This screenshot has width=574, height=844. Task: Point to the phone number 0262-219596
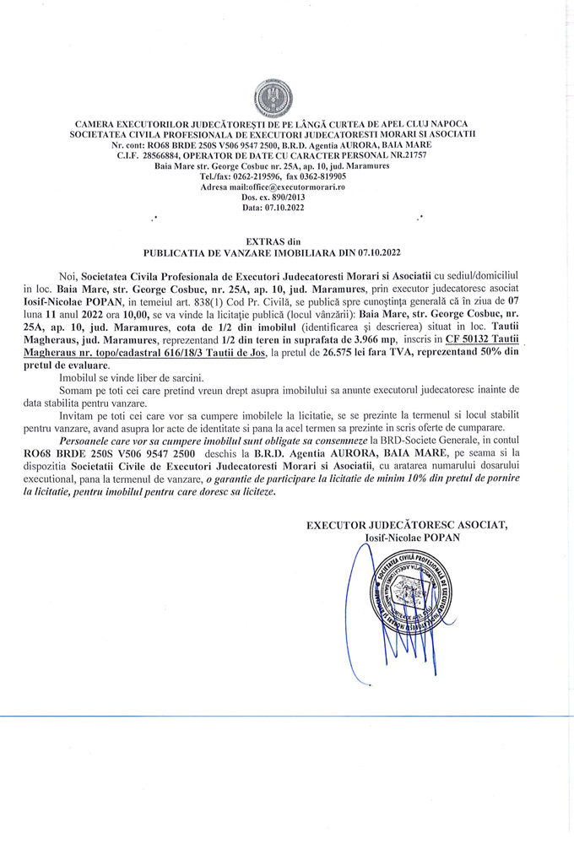(260, 176)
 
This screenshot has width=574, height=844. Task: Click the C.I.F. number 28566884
(171, 156)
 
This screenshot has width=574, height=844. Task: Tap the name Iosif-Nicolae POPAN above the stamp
(411, 538)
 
